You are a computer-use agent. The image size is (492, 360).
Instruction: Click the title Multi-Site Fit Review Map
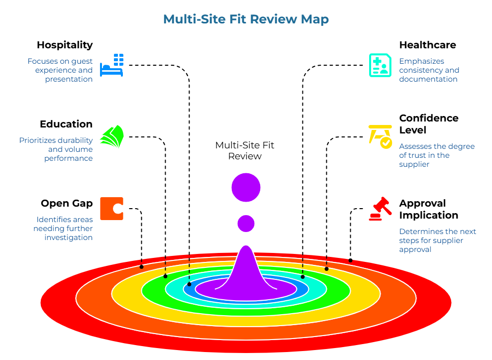point(246,19)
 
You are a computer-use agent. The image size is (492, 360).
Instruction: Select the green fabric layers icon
point(112,137)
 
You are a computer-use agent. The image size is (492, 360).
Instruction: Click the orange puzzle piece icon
point(111,209)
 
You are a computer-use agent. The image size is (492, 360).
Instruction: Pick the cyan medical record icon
point(380,65)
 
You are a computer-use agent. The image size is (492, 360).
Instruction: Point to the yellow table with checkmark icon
point(381,136)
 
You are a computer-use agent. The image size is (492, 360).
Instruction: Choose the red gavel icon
point(380,209)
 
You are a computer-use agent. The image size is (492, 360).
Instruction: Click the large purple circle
point(246,188)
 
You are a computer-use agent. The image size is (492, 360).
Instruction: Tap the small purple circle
point(246,223)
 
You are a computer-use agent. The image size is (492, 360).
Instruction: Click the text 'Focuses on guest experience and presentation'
point(60,70)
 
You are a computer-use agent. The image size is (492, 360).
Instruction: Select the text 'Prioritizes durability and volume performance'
point(56,149)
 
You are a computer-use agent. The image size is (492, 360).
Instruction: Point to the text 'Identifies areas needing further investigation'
point(63,229)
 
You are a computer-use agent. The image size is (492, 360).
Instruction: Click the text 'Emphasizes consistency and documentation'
point(429,70)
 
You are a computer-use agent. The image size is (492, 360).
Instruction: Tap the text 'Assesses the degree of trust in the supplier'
point(436,155)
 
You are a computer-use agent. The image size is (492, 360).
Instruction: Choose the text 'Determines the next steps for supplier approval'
point(437,240)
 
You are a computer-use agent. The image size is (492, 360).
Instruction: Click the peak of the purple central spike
point(246,247)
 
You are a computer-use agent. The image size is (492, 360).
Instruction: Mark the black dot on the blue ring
point(189,284)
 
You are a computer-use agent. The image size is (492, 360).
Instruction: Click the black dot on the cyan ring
point(302,277)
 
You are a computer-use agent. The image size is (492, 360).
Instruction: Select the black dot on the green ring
point(165,276)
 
